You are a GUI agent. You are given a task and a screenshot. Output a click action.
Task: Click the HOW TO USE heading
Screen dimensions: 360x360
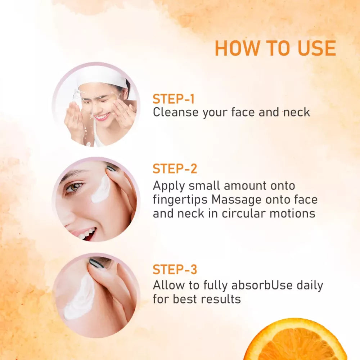(x=275, y=48)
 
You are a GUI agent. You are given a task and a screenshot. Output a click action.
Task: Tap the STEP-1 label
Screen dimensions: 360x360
(x=174, y=99)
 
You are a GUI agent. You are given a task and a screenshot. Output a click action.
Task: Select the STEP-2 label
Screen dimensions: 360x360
(x=175, y=169)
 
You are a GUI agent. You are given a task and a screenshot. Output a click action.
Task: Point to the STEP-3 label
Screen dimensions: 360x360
(x=175, y=269)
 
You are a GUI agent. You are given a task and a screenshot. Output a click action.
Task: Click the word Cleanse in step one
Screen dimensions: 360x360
(x=176, y=112)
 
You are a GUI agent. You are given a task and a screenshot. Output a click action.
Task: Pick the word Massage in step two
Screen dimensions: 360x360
(x=236, y=199)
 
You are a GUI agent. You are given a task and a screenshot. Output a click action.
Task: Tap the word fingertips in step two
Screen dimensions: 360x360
(x=180, y=199)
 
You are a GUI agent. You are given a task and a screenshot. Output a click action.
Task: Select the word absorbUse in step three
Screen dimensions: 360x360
(x=262, y=285)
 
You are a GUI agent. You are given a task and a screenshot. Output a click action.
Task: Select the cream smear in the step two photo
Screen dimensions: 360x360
(x=101, y=189)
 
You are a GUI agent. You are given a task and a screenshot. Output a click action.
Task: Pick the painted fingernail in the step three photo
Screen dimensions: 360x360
(x=96, y=263)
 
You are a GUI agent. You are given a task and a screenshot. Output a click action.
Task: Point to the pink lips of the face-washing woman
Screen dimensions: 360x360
(x=102, y=116)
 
